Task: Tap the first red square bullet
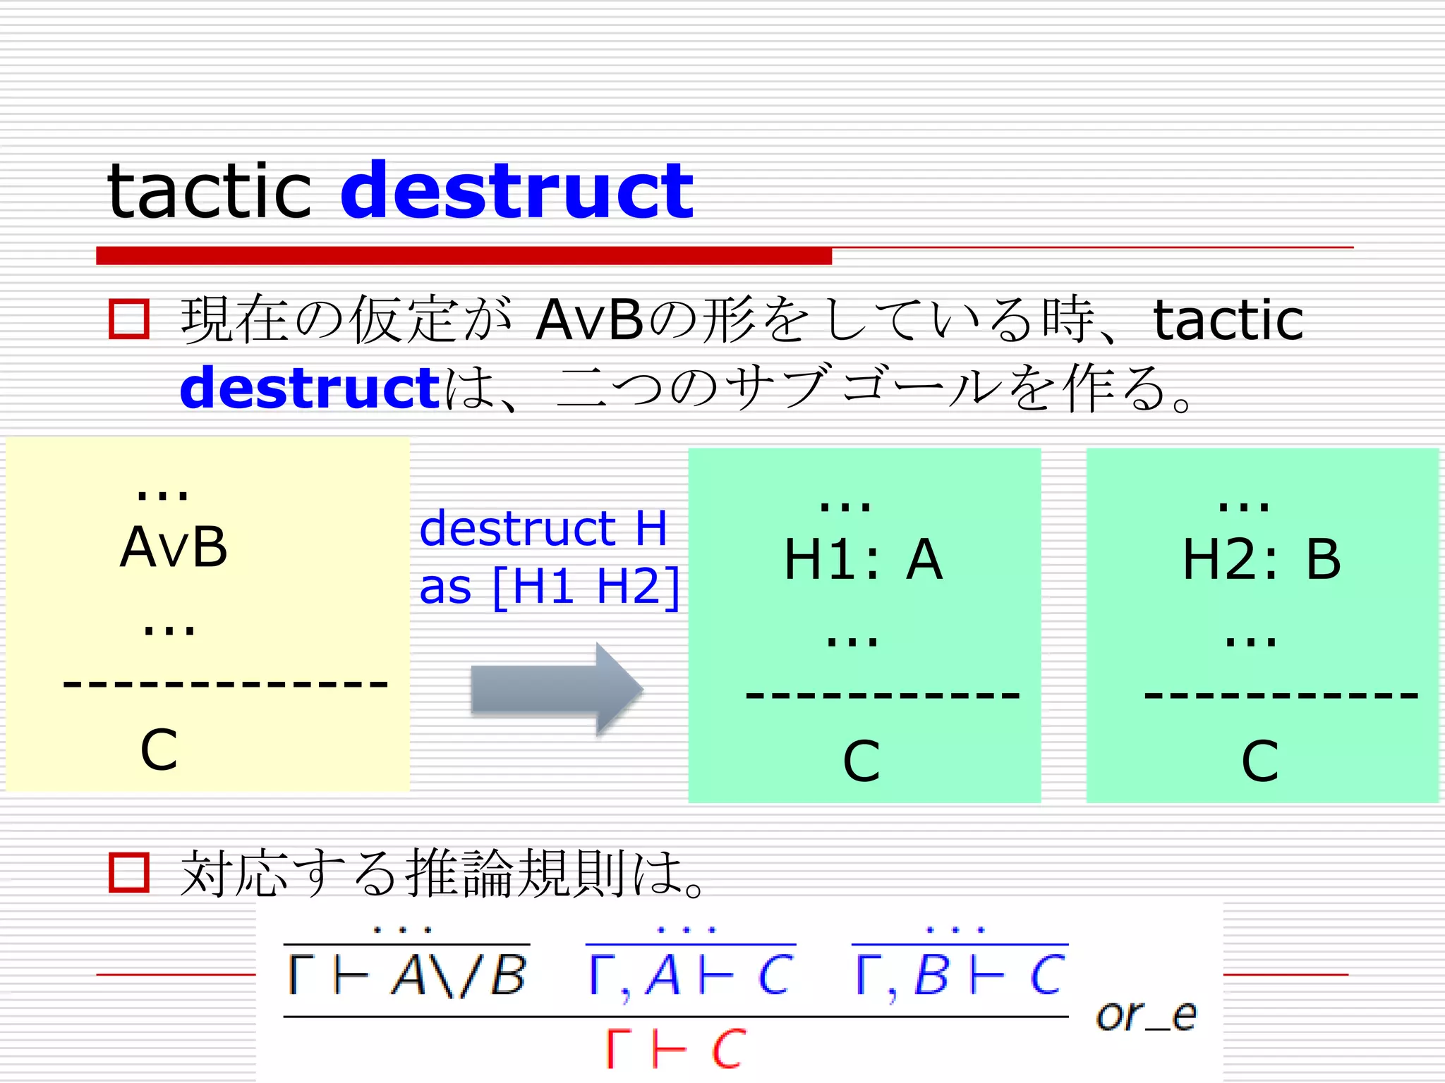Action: point(129,319)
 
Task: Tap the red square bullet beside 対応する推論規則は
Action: point(129,873)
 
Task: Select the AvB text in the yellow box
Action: point(174,547)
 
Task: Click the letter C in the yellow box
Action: point(159,749)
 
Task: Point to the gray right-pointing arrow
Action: point(557,689)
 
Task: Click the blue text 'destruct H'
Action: point(543,528)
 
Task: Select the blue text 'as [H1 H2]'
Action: point(549,586)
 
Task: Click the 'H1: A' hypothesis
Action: point(863,559)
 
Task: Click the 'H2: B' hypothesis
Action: point(1261,559)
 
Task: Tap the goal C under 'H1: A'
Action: point(861,761)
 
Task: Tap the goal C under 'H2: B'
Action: point(1259,761)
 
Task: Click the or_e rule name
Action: point(1146,1016)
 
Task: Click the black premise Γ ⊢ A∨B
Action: point(407,976)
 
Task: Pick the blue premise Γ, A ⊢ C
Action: point(691,976)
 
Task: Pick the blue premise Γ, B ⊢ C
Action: point(960,976)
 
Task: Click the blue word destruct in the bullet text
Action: point(310,388)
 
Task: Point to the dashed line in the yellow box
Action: point(226,683)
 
